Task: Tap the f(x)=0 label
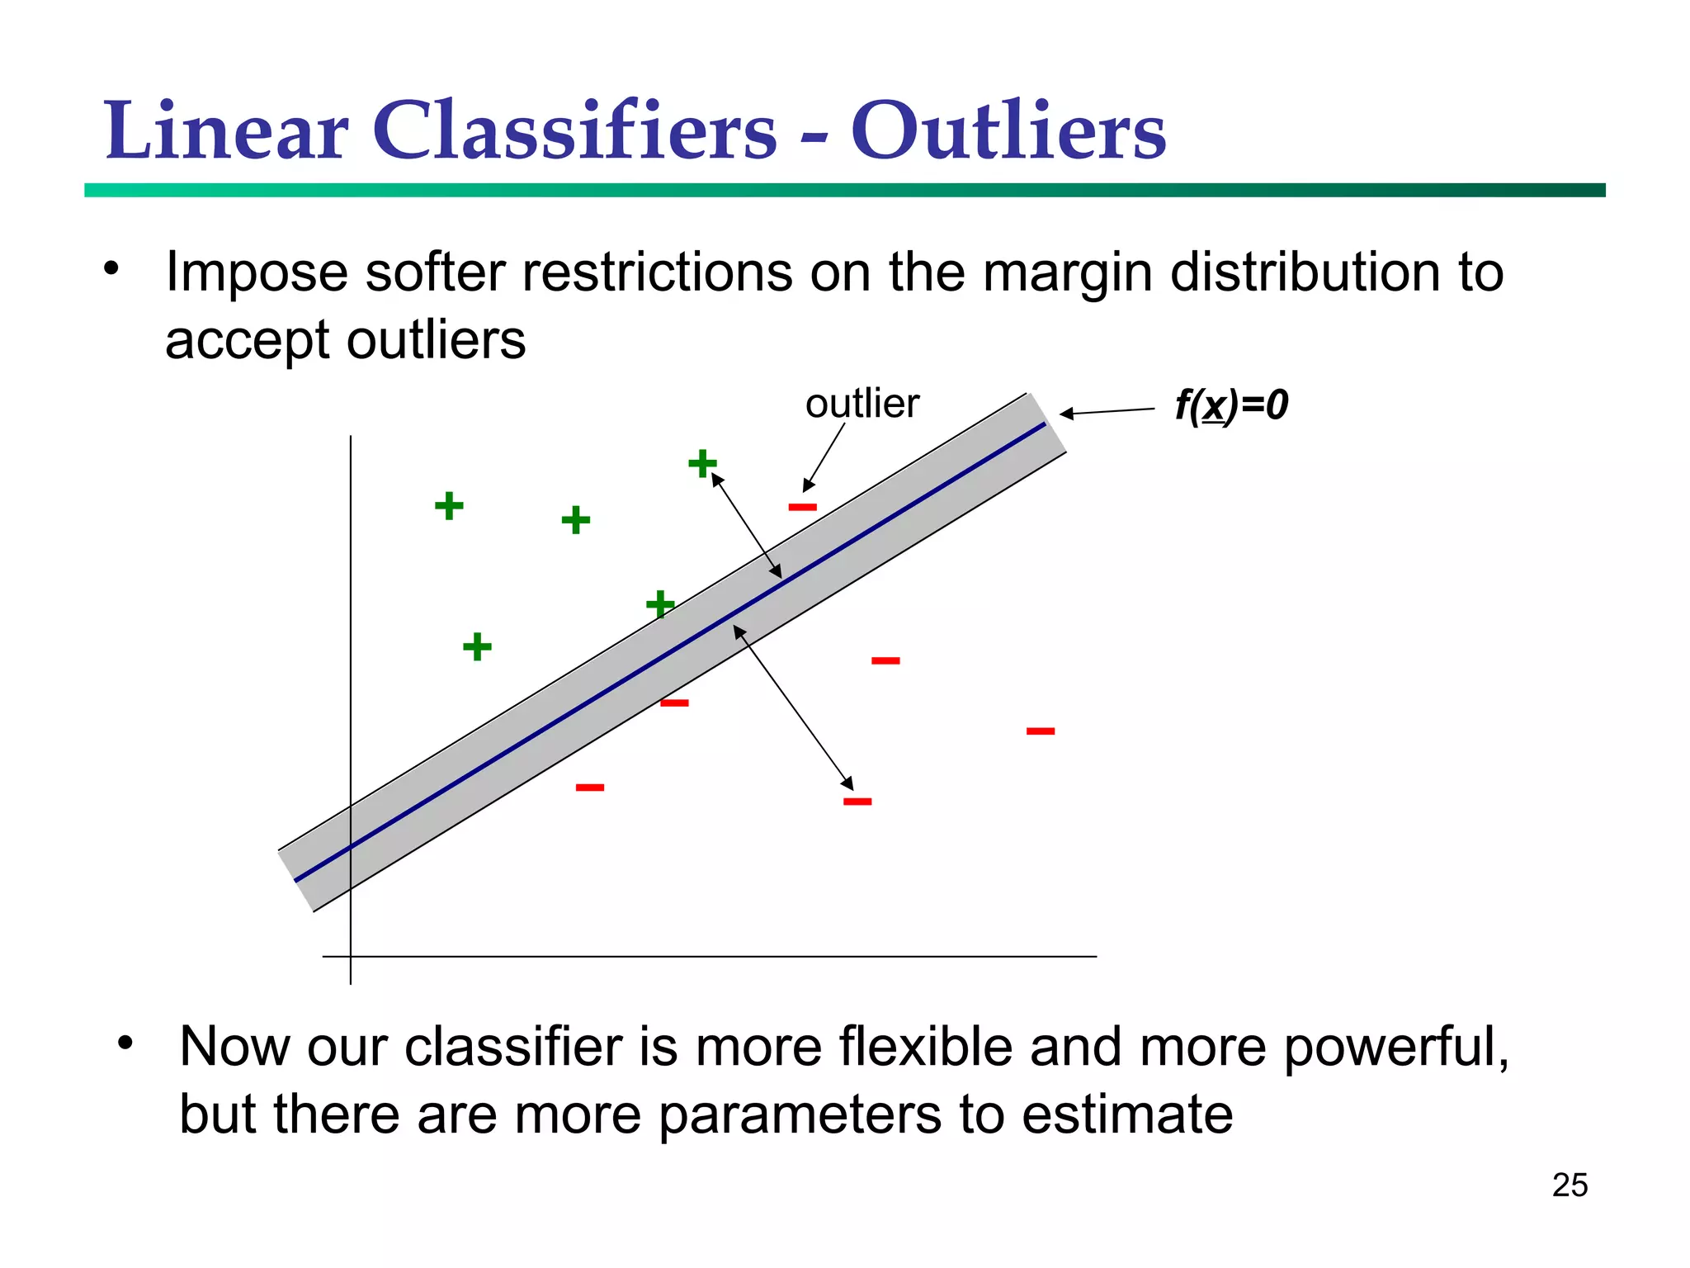point(1230,405)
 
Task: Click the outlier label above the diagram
point(862,404)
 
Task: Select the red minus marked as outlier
point(802,507)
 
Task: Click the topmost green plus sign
point(702,463)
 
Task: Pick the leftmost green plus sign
point(449,505)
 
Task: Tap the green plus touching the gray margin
point(660,604)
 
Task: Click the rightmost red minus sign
point(1040,731)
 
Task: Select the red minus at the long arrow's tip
point(857,801)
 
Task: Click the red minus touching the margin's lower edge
point(674,703)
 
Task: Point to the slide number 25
point(1569,1185)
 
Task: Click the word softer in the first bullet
point(434,272)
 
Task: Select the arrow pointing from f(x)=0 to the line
point(1107,411)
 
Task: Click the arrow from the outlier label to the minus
point(824,457)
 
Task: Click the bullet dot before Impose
point(111,268)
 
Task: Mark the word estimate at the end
point(1126,1114)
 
